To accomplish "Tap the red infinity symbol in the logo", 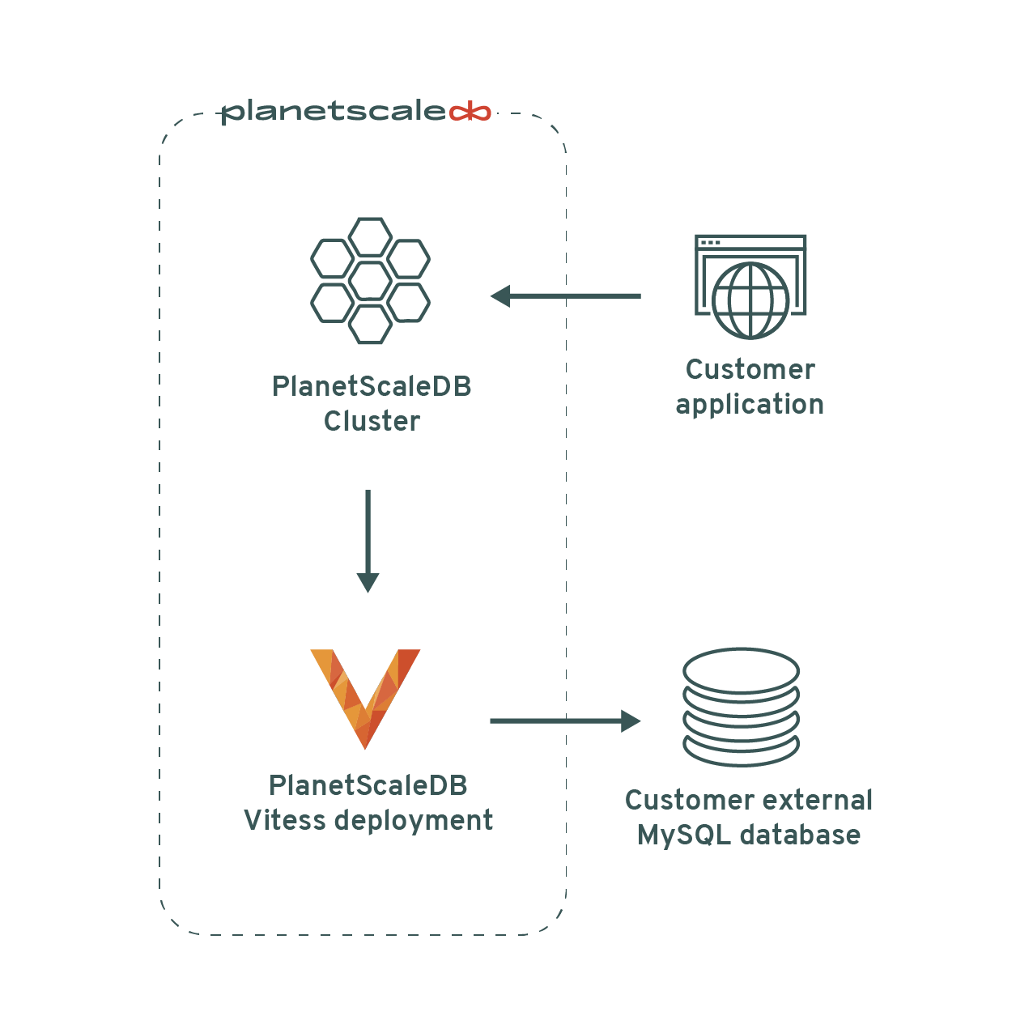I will pos(470,112).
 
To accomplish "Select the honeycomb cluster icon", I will pos(371,280).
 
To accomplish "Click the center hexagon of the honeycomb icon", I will pos(371,281).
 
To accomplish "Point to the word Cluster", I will pos(372,422).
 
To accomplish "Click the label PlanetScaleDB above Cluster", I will pos(372,387).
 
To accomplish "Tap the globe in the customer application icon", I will pos(750,300).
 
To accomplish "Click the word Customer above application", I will pos(750,370).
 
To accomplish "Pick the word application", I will pos(750,405).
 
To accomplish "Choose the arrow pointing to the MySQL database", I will pos(564,721).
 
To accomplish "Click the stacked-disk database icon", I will pos(741,707).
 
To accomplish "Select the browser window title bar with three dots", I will pos(750,242).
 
